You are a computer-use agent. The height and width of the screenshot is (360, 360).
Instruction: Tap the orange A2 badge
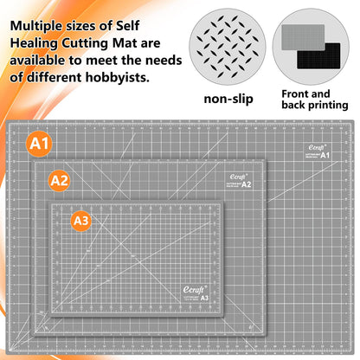click(x=59, y=181)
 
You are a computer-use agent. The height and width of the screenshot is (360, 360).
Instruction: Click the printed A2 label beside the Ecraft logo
click(x=246, y=184)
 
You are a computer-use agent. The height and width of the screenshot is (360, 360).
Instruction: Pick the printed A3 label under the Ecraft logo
click(x=204, y=298)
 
